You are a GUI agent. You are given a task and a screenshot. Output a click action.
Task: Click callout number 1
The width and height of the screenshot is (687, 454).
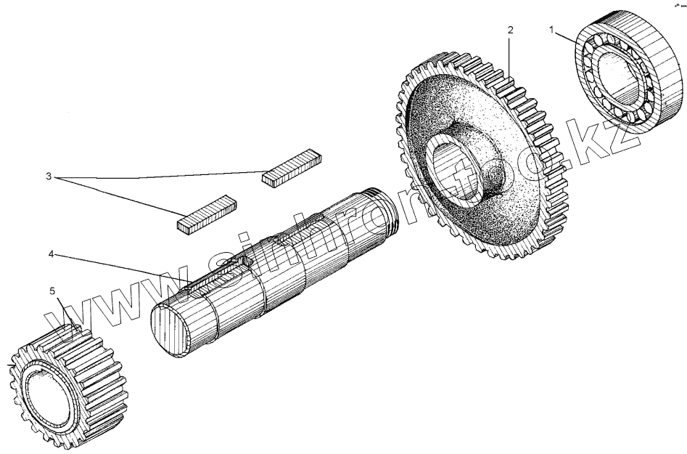[x=551, y=31]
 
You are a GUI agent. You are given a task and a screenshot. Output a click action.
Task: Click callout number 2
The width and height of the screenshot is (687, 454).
[x=510, y=31]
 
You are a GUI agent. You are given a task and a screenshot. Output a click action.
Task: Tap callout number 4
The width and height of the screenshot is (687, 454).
[x=52, y=254]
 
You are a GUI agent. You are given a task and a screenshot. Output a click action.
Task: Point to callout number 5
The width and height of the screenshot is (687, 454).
[x=52, y=291]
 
